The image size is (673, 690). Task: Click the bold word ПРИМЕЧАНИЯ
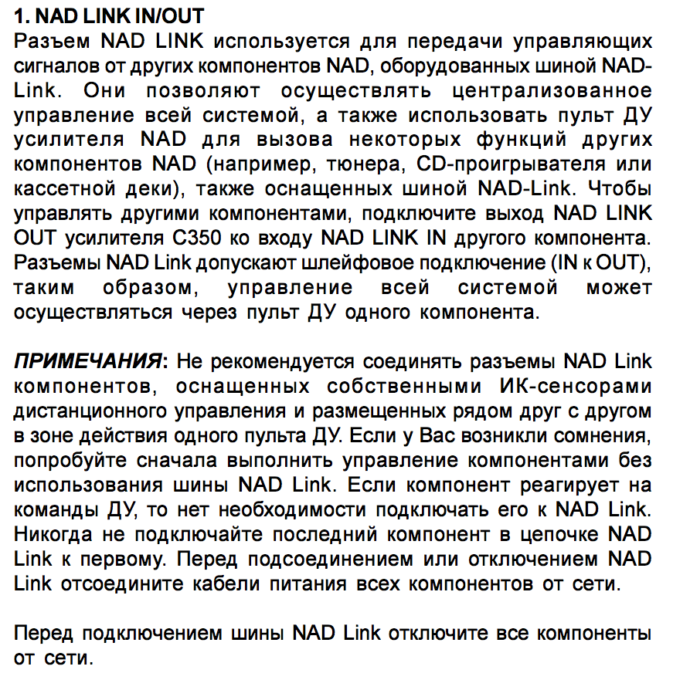pos(88,361)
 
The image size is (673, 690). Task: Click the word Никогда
pos(52,534)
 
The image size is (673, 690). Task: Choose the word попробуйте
pos(66,460)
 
